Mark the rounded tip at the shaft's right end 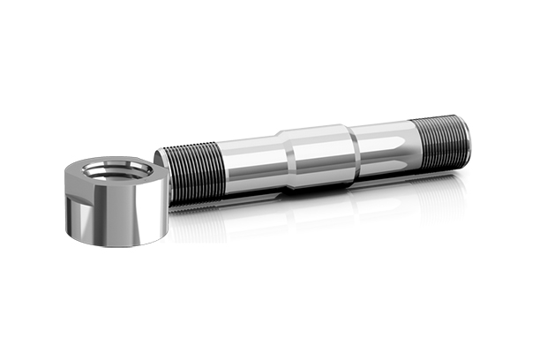coord(464,138)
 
